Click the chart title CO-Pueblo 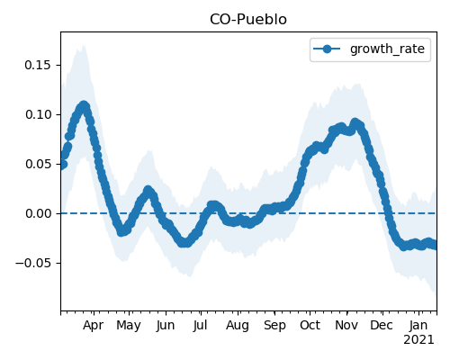[248, 20]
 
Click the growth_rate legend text [387, 49]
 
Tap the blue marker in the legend [327, 49]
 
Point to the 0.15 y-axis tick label [38, 65]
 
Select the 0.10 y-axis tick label [38, 114]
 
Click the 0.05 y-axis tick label [38, 164]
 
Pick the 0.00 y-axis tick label [38, 213]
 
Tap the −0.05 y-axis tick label [33, 263]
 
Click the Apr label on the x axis [94, 325]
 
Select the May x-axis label [129, 325]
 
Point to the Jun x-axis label [166, 325]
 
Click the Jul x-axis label [201, 325]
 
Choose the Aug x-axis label [238, 325]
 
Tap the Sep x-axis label [274, 325]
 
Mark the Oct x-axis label [310, 325]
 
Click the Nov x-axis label [346, 325]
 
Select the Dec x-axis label [382, 325]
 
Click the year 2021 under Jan [418, 340]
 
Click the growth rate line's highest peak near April [84, 105]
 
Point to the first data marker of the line [63, 165]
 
